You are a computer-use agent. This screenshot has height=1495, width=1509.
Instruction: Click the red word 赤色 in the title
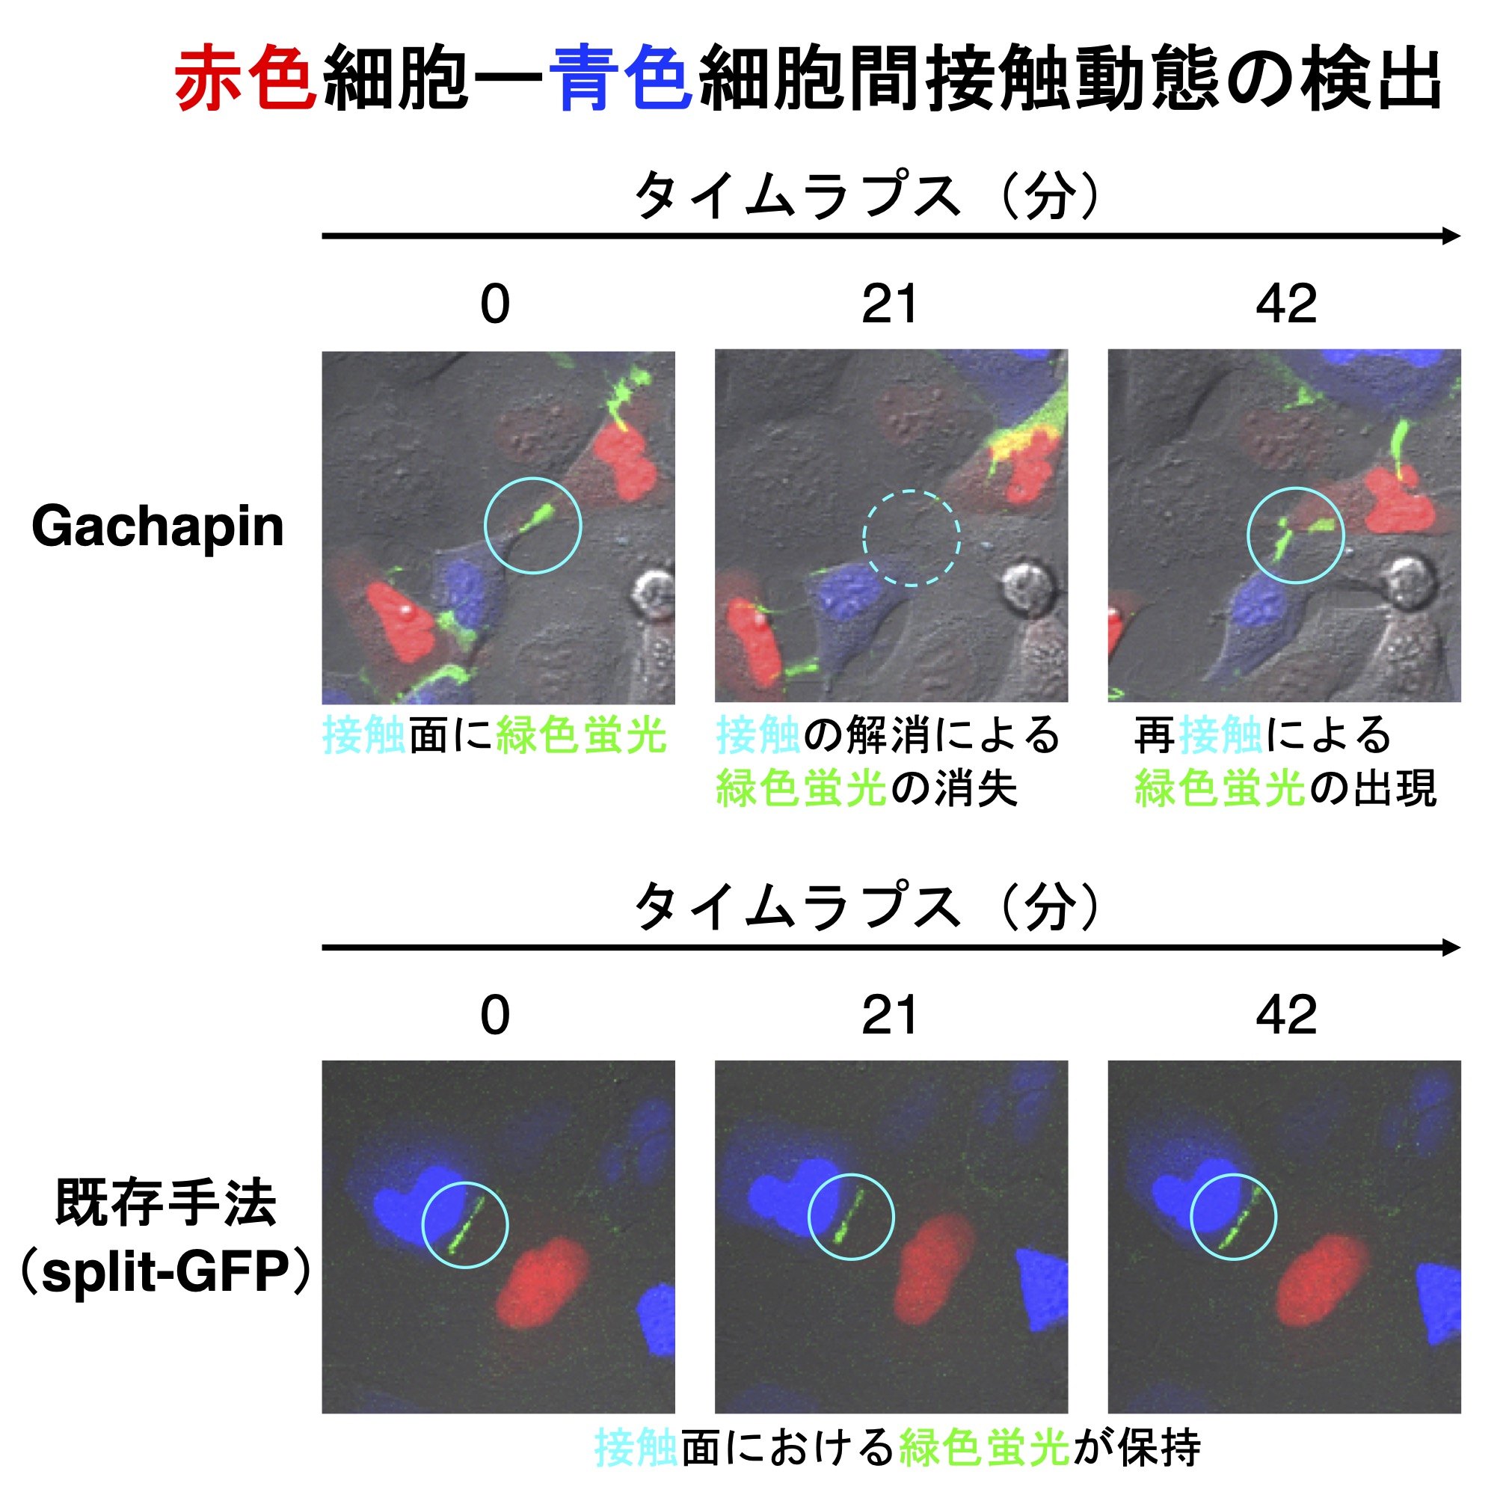coord(245,78)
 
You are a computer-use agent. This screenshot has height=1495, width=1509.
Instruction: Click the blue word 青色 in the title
coord(621,78)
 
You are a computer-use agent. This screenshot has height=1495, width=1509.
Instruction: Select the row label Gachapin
coord(158,527)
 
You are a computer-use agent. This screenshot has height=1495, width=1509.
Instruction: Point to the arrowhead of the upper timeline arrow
coord(1451,236)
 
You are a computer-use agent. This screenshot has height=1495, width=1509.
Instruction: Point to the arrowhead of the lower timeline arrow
coord(1451,948)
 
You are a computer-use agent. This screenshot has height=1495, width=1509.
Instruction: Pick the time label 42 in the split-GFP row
coord(1285,1016)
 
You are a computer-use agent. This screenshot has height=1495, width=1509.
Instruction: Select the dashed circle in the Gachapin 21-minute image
coord(911,538)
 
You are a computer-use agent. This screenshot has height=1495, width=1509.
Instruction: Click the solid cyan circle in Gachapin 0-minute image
coord(532,525)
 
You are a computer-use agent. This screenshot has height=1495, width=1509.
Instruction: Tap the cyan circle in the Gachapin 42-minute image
coord(1295,535)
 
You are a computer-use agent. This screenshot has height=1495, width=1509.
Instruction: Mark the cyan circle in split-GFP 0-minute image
coord(464,1225)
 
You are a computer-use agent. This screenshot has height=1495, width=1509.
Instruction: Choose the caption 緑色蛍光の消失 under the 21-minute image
coord(867,788)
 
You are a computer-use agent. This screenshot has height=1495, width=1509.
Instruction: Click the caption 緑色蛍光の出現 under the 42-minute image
coord(1285,788)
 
